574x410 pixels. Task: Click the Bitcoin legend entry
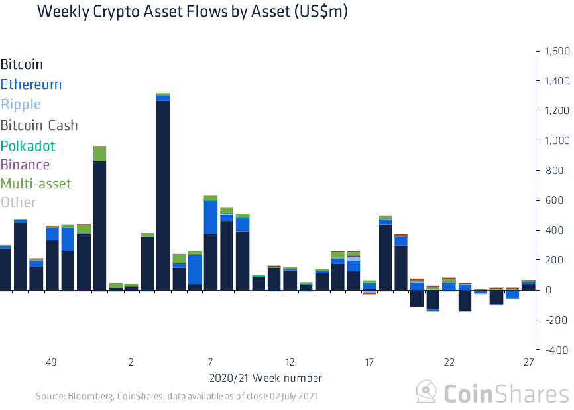tap(22, 64)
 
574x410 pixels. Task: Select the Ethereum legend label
tap(31, 84)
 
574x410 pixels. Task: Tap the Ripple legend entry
tap(21, 104)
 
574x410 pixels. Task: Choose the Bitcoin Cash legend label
tap(39, 125)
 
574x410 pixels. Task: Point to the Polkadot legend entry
tap(28, 146)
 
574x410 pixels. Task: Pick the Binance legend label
tap(25, 165)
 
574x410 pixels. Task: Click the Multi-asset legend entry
tap(36, 184)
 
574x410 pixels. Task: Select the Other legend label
tap(18, 202)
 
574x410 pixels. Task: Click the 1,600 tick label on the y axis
tap(557, 51)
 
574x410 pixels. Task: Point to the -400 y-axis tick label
tap(557, 350)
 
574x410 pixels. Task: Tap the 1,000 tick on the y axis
tap(557, 141)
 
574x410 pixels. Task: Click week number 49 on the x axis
tap(51, 362)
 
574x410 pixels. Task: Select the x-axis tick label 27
tap(528, 362)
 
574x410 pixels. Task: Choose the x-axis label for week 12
tap(290, 362)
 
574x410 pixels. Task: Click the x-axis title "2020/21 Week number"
tap(265, 378)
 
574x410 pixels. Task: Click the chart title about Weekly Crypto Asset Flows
tap(193, 12)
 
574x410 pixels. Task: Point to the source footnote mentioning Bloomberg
tap(177, 396)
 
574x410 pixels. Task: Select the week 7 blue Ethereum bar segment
tap(210, 217)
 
